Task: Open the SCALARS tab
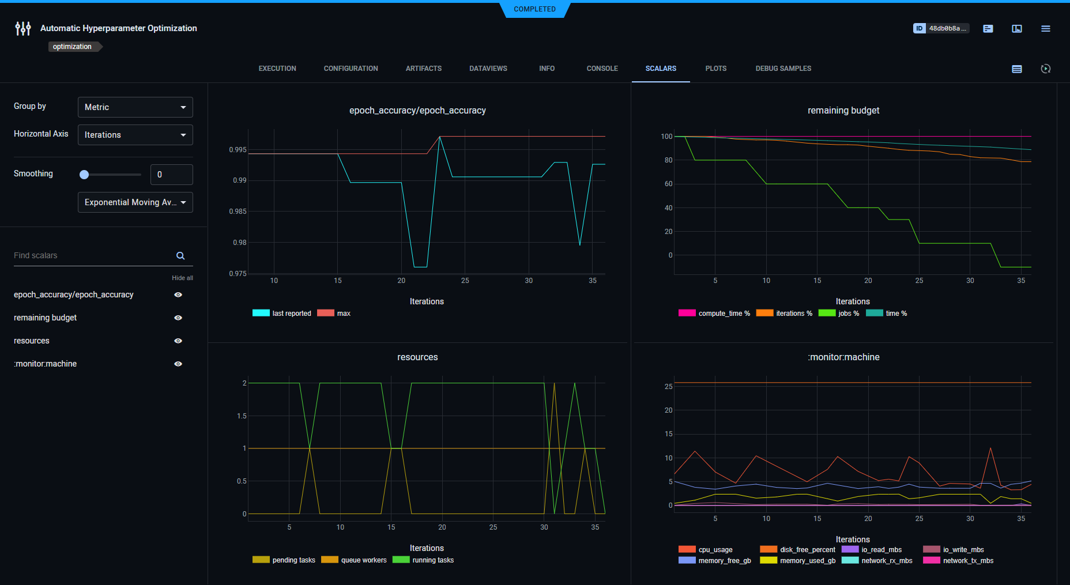pos(661,69)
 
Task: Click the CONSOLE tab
pos(602,69)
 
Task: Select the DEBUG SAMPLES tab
pos(783,69)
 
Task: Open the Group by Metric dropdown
pos(135,107)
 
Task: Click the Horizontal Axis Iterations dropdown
pos(135,135)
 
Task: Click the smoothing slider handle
pos(84,175)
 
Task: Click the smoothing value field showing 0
pos(171,175)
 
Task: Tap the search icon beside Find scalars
pos(180,256)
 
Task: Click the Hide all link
pos(182,278)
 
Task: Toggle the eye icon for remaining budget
pos(178,318)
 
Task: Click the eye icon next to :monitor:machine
pos(178,364)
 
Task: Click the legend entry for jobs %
pos(839,314)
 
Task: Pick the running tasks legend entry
pos(424,560)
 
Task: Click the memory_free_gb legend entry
pos(715,561)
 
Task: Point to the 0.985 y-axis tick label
pos(238,212)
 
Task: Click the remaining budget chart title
pos(843,111)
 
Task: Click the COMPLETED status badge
pos(534,9)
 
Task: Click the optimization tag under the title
pos(72,47)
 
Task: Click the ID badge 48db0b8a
pos(941,28)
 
